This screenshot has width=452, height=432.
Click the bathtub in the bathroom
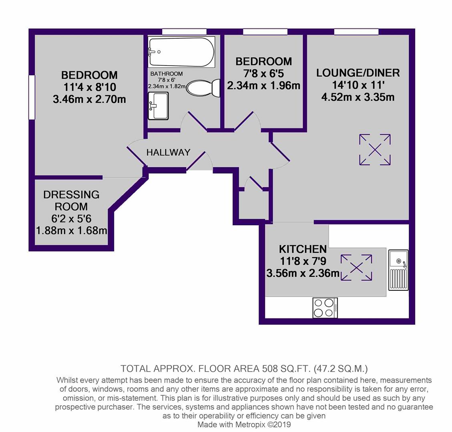click(181, 52)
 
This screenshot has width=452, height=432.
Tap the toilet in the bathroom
click(204, 88)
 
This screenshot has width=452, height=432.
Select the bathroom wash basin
click(158, 106)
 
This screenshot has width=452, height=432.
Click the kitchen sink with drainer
click(398, 270)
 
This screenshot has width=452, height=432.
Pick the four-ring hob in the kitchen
click(325, 308)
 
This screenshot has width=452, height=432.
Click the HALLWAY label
click(168, 152)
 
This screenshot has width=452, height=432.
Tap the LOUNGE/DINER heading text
click(358, 73)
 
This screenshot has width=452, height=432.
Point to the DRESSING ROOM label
click(71, 200)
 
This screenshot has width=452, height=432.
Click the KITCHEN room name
click(303, 249)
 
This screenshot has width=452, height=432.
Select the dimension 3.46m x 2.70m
click(89, 99)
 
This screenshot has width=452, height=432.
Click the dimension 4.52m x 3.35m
click(358, 97)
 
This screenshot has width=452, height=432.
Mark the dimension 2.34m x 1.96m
click(263, 86)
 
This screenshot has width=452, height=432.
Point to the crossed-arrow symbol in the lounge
click(375, 150)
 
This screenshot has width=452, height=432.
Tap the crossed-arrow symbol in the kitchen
click(356, 267)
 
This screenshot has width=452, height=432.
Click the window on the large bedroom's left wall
click(32, 97)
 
